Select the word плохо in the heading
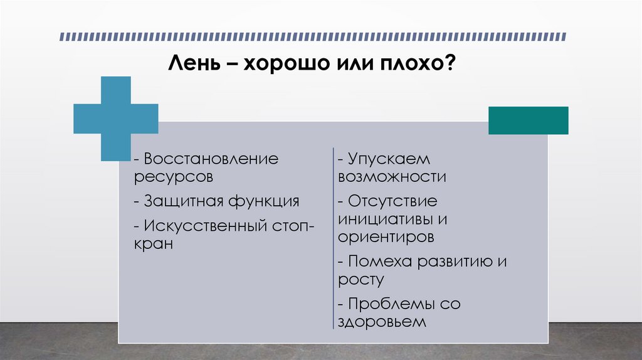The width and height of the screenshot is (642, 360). [x=418, y=65]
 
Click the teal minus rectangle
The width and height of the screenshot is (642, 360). [x=528, y=120]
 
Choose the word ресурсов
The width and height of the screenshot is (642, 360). [x=173, y=177]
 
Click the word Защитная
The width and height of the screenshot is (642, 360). [x=182, y=201]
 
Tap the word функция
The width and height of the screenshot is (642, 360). [x=263, y=201]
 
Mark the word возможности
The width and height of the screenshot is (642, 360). [x=392, y=177]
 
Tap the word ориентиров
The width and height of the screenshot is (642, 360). [x=386, y=238]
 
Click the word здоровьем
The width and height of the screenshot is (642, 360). [x=382, y=322]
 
